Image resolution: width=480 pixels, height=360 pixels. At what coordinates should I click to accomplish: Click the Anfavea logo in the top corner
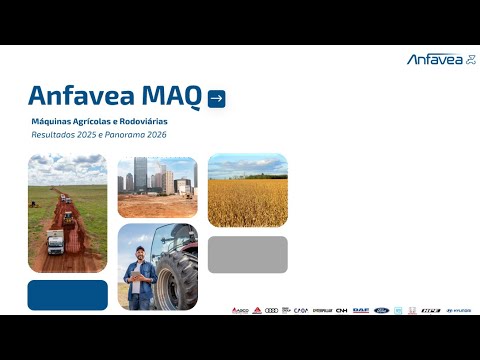pyautogui.click(x=441, y=60)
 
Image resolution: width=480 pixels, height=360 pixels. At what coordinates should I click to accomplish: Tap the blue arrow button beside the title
pyautogui.click(x=216, y=98)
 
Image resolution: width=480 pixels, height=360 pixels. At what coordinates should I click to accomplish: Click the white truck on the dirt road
pyautogui.click(x=55, y=241)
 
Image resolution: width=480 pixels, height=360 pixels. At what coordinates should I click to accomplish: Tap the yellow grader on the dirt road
pyautogui.click(x=68, y=216)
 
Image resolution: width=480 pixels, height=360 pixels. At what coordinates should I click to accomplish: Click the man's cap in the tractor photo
pyautogui.click(x=140, y=250)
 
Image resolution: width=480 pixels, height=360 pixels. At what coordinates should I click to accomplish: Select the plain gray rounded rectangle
pyautogui.click(x=247, y=254)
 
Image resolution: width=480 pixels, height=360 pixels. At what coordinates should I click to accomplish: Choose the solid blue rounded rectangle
pyautogui.click(x=67, y=295)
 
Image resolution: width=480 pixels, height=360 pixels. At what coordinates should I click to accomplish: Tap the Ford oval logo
pyautogui.click(x=380, y=310)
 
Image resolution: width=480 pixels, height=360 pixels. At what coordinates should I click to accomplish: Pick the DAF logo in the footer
pyautogui.click(x=360, y=310)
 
